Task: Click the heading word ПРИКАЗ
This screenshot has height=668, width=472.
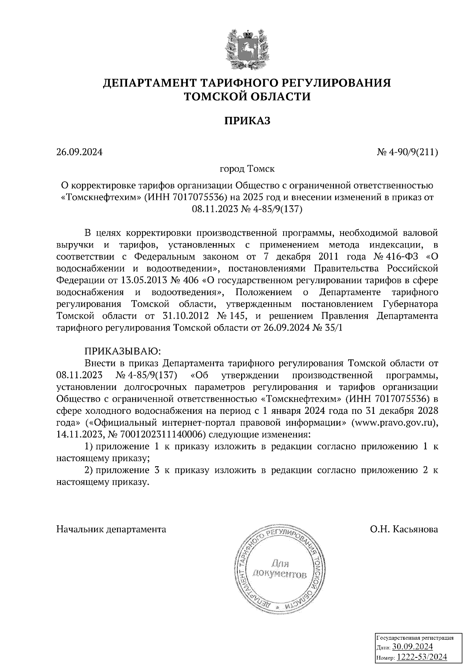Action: pos(247,121)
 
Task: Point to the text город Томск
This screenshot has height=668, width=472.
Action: pos(247,169)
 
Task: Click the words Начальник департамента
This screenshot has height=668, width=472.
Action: pos(111,530)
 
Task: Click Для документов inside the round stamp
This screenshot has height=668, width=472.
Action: pos(280,568)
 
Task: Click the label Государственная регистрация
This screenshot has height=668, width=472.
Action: pos(415,637)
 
